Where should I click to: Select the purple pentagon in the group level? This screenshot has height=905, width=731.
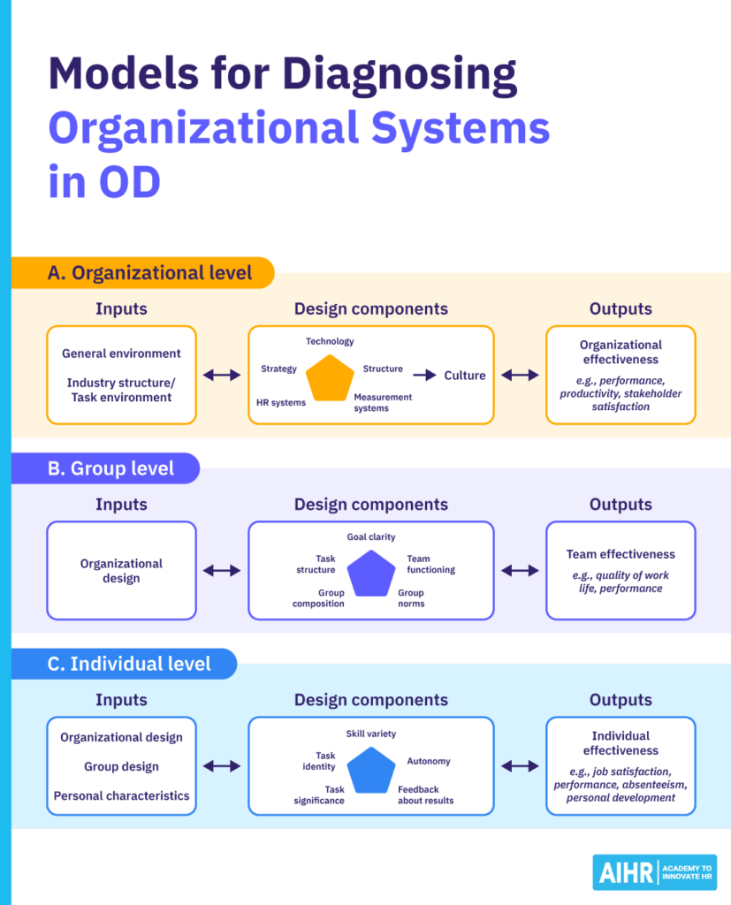coord(370,573)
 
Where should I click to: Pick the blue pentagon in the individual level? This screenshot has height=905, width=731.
coord(370,769)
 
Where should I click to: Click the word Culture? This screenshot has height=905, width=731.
coord(465,376)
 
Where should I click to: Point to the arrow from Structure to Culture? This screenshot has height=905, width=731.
coord(425,376)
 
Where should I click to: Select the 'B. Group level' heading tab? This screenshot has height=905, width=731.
coord(110,468)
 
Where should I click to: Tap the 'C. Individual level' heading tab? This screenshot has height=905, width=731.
coord(129,664)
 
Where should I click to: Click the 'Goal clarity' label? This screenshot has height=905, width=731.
coord(370,536)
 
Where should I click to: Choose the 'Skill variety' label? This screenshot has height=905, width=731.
coord(370,734)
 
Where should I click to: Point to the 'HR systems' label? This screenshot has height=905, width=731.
coord(281,402)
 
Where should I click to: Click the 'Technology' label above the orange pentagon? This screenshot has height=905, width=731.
coord(330,341)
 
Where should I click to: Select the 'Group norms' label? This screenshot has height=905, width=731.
coord(411,598)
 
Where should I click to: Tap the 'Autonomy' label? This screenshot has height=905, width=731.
coord(429,761)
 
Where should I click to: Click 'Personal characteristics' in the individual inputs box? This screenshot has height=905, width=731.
coord(121,795)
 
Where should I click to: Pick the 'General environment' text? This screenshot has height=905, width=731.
coord(121,354)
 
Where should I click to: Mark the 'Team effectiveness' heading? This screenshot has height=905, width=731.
coord(621,554)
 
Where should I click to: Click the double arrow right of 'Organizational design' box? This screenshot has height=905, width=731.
coord(222,571)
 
